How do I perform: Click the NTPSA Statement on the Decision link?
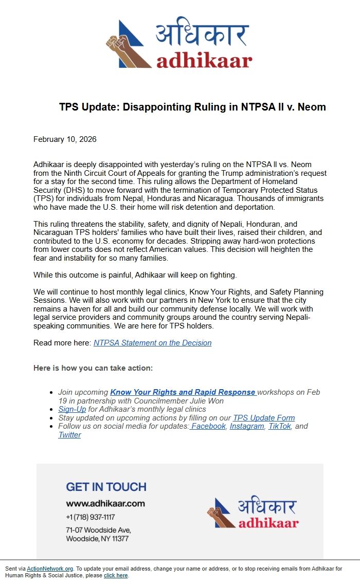pos(152,343)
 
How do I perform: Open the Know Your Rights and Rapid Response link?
pos(183,392)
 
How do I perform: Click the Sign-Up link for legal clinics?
pos(72,409)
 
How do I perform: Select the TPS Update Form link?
pos(264,418)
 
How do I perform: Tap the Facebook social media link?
pos(208,426)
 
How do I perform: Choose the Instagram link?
pos(246,426)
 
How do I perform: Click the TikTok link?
pos(279,426)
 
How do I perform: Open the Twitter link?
pos(69,435)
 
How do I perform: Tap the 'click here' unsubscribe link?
pos(116,576)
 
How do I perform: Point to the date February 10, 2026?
pos(65,139)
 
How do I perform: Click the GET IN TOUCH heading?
pos(106,487)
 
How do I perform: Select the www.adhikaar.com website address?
pos(105,504)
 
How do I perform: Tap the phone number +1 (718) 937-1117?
pos(90,517)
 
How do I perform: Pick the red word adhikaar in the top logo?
pos(204,60)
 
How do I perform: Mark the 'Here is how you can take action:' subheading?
pos(93,368)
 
